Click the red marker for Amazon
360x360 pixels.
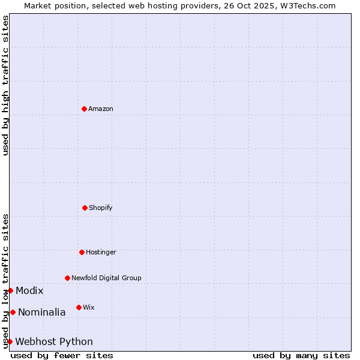point(84,109)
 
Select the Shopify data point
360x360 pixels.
point(85,208)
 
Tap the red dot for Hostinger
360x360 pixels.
point(82,252)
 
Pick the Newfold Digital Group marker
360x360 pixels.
point(67,278)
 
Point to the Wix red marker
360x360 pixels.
point(79,307)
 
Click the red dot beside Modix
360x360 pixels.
point(10,290)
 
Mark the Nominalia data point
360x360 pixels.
point(13,312)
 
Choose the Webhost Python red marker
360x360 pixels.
point(10,341)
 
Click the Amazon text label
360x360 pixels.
point(101,109)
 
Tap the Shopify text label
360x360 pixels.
point(101,208)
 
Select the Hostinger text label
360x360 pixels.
point(101,252)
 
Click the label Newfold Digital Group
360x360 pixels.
point(106,278)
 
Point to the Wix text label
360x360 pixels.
point(89,307)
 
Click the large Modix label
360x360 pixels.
point(29,290)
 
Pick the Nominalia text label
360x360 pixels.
point(41,312)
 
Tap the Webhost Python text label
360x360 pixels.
point(54,341)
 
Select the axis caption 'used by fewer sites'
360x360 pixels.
point(62,355)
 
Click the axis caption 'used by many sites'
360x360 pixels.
point(301,355)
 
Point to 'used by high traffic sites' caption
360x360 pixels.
point(5,85)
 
